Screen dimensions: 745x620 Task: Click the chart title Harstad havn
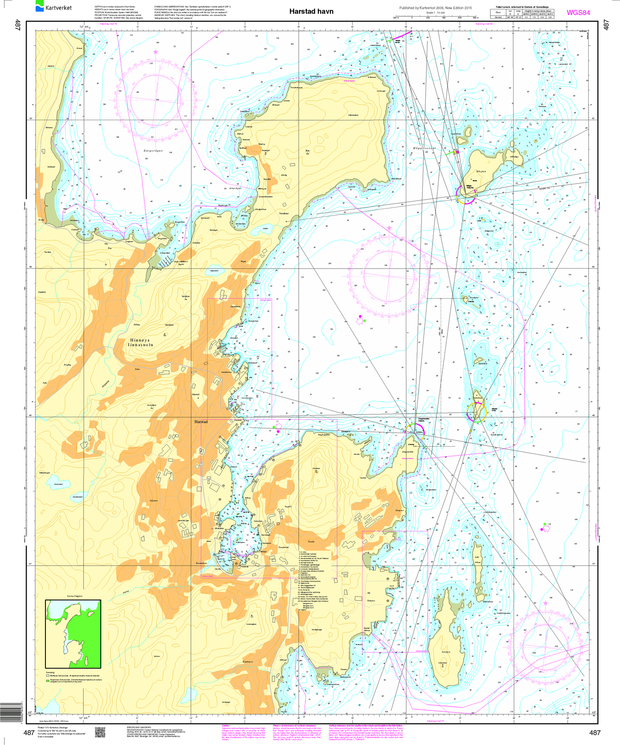tap(311, 12)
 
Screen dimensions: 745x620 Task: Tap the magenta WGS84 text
tap(578, 12)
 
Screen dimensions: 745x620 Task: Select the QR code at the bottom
tap(100, 732)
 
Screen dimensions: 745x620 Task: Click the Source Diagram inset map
tap(73, 634)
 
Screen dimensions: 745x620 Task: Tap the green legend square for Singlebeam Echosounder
tap(48, 681)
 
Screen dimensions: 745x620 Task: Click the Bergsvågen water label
tap(153, 151)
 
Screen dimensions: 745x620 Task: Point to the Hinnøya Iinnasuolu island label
tap(141, 342)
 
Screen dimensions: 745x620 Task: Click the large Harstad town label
tap(201, 422)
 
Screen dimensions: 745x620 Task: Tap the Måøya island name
tap(481, 171)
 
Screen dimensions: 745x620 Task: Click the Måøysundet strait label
tap(424, 148)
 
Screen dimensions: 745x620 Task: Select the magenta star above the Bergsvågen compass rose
tap(155, 52)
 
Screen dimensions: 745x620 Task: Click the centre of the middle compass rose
tap(389, 276)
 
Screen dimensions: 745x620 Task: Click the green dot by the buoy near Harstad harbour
tap(274, 427)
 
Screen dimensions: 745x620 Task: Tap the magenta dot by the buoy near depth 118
tap(542, 530)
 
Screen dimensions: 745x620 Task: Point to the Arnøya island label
tap(446, 652)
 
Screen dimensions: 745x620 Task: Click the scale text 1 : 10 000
tap(435, 13)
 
